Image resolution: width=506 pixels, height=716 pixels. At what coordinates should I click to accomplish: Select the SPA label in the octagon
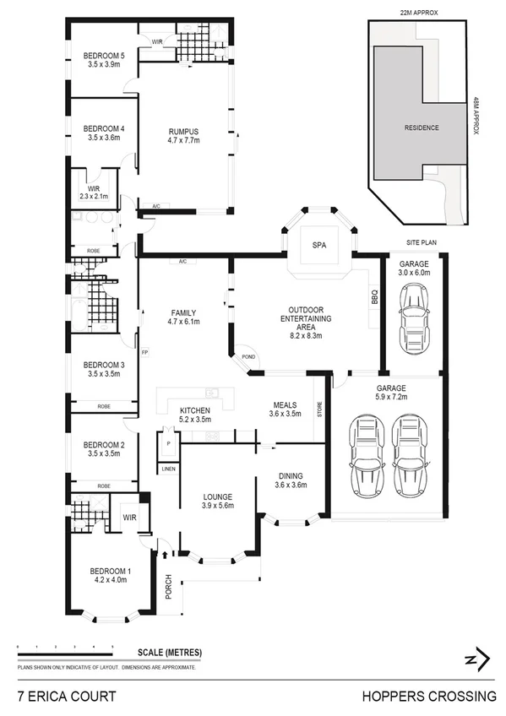coord(319,245)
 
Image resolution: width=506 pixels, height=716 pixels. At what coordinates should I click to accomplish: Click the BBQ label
coord(374,297)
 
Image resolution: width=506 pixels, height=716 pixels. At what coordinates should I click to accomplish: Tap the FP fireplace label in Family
coord(144,351)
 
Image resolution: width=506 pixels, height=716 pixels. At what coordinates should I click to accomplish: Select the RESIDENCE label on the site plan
coord(422,127)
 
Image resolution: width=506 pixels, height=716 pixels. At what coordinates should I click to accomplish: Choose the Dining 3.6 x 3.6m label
coord(291,480)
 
